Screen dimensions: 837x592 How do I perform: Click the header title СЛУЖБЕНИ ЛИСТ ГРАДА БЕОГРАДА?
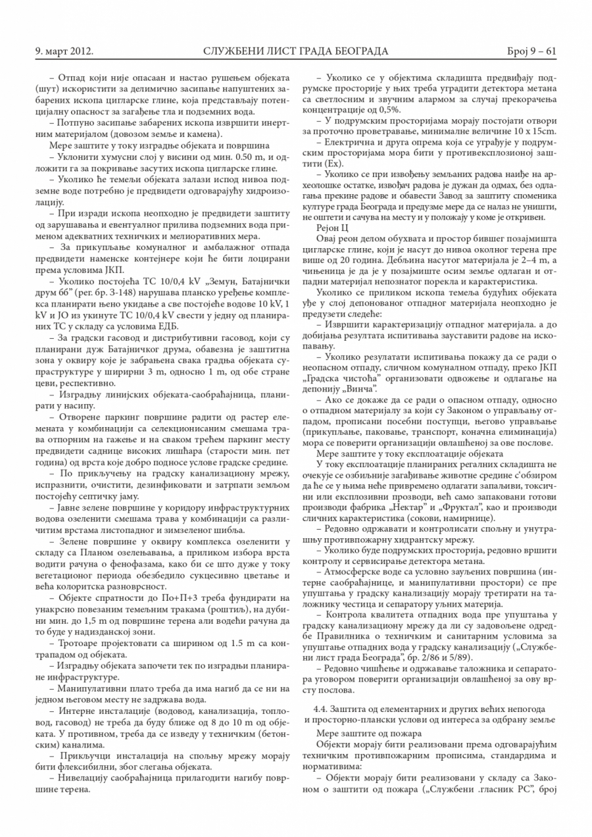click(x=296, y=51)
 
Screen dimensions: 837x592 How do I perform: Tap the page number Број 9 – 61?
click(x=532, y=51)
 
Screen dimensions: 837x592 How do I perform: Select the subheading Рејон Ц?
click(x=335, y=227)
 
